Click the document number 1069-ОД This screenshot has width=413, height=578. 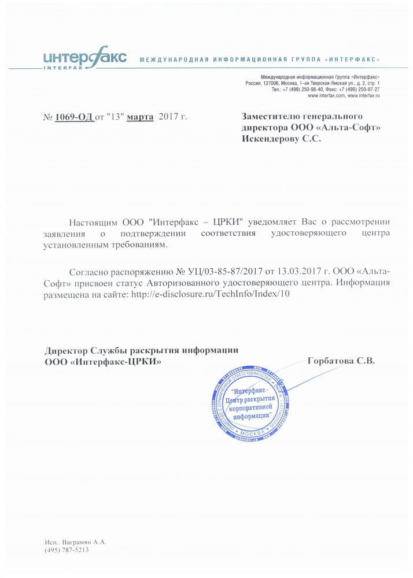(74, 117)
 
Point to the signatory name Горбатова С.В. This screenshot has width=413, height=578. (342, 361)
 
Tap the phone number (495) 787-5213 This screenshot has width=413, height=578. (67, 550)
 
